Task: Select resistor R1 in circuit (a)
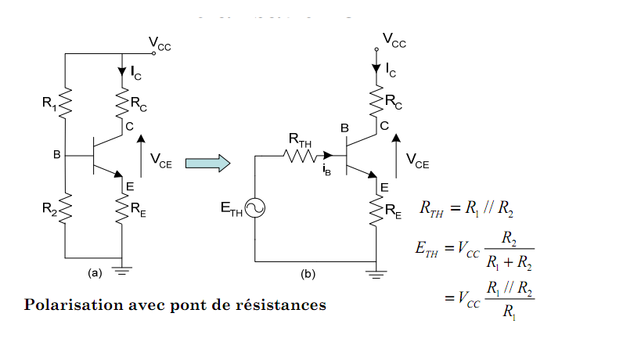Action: pos(66,100)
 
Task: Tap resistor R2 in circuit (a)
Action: pos(66,207)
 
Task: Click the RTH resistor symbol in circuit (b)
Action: pos(297,155)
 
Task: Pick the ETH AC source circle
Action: pos(255,207)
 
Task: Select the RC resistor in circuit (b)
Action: pos(377,100)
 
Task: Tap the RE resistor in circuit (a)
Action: pos(123,207)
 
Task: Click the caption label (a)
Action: pos(95,273)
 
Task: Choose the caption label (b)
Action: pos(308,275)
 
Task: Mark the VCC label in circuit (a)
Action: pos(160,46)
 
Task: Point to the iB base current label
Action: pos(326,171)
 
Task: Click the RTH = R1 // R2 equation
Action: pos(466,208)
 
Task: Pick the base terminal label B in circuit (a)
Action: pos(56,155)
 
